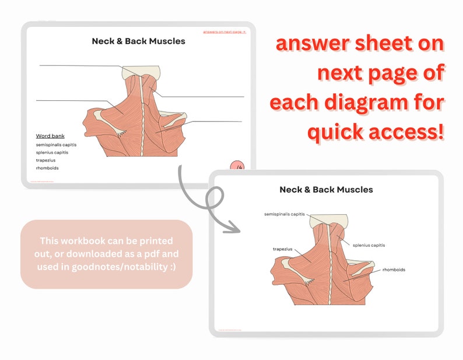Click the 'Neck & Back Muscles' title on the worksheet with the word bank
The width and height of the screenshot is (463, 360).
(x=138, y=41)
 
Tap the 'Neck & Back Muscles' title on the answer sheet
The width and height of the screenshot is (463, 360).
(x=326, y=190)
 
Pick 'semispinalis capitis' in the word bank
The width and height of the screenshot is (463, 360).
(x=56, y=145)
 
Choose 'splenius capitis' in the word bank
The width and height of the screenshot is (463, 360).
(x=52, y=152)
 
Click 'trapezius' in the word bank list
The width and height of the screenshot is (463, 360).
(x=45, y=160)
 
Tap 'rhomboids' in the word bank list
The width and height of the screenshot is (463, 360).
(x=47, y=168)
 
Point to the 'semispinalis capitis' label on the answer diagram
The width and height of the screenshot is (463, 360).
(x=284, y=214)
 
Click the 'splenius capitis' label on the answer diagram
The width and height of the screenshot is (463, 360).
(x=369, y=245)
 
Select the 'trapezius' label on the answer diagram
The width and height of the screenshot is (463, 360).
(x=282, y=249)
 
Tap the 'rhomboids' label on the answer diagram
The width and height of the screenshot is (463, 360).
(x=394, y=270)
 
